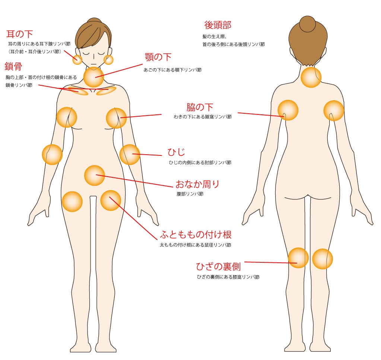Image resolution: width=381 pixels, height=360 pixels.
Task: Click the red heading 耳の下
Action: (19, 34)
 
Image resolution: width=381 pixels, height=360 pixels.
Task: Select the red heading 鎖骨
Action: (13, 66)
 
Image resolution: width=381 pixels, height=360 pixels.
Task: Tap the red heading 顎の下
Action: (158, 57)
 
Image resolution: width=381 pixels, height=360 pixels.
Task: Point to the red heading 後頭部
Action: (218, 25)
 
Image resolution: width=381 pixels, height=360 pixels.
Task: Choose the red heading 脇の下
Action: (200, 107)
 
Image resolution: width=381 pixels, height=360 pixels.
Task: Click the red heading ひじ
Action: (177, 152)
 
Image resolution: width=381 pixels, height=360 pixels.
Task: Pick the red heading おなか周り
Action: (197, 184)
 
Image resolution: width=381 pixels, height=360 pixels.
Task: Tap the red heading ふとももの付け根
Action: (196, 234)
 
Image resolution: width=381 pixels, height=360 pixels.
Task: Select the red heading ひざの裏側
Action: (218, 267)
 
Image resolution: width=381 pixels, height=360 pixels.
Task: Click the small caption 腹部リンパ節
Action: (190, 194)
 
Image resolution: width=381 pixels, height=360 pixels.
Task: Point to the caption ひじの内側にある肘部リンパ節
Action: (200, 162)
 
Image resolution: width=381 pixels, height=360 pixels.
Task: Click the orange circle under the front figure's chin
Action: (93, 77)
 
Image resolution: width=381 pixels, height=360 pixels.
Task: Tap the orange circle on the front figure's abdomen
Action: (95, 176)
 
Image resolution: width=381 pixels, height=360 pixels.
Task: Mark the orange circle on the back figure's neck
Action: (311, 77)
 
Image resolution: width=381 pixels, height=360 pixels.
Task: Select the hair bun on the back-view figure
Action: (308, 24)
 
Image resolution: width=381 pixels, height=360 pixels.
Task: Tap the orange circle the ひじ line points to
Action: (130, 155)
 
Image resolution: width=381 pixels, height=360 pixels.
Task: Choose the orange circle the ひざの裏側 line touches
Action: (298, 258)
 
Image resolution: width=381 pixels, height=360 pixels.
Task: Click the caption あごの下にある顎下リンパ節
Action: (172, 70)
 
